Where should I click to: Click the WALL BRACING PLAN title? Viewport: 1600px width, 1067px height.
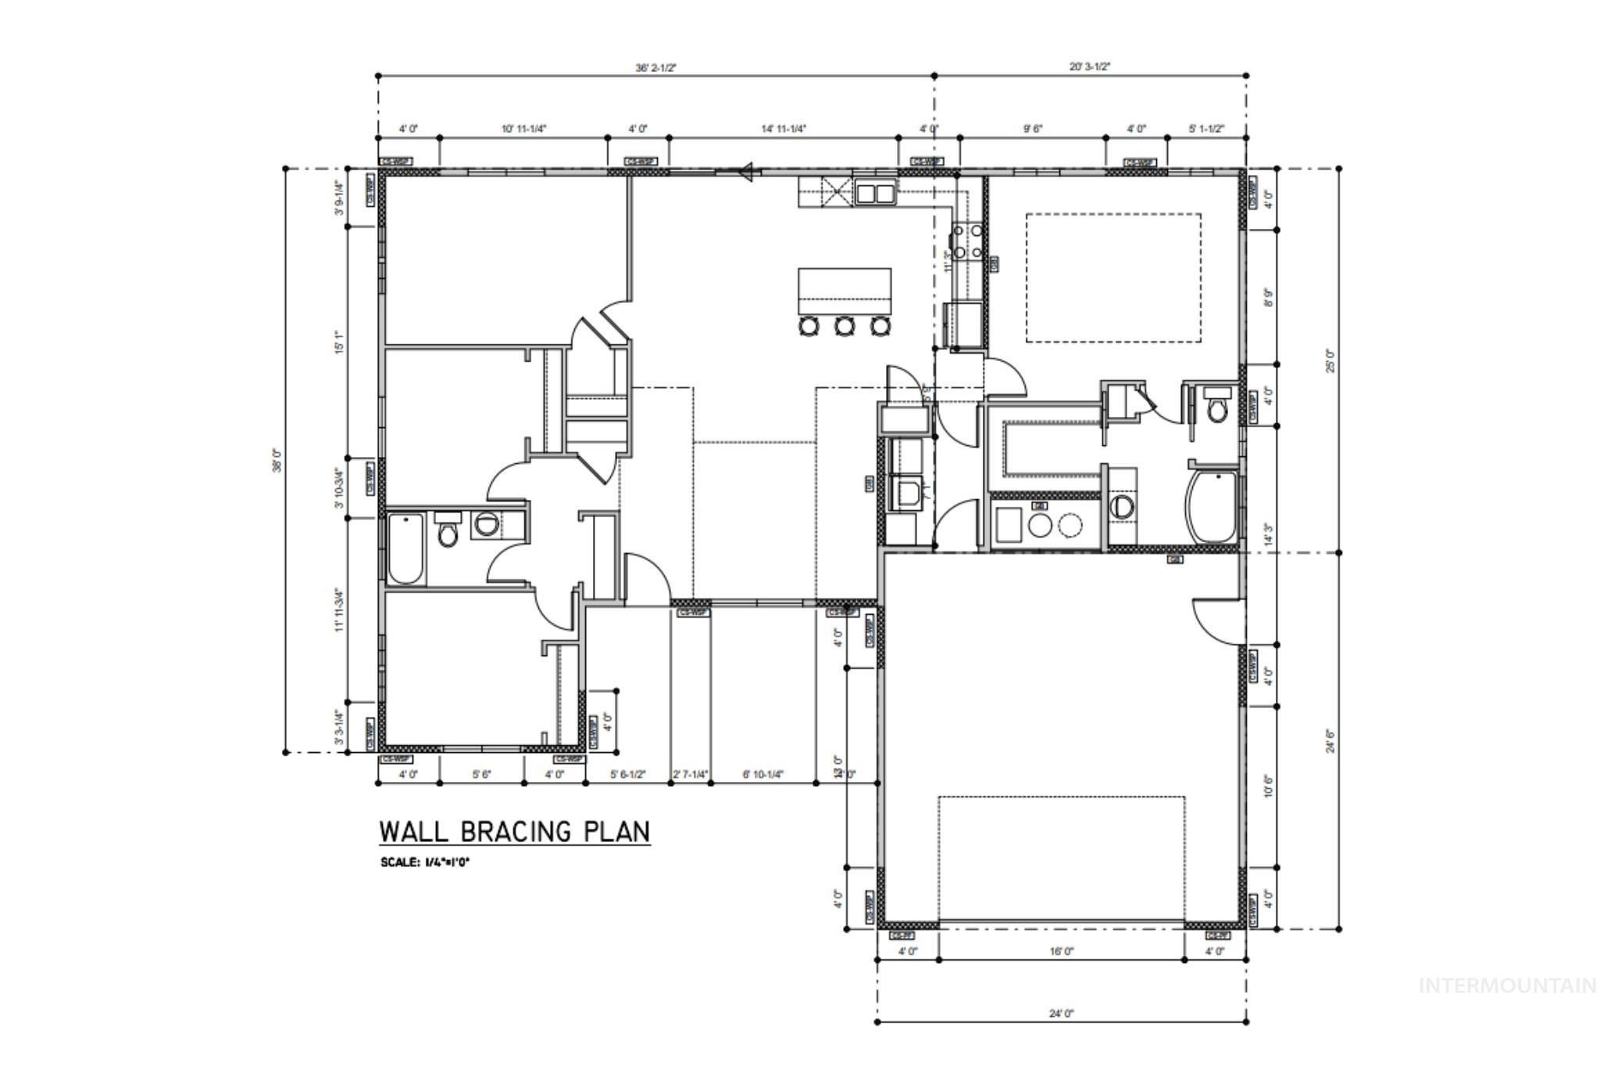(514, 831)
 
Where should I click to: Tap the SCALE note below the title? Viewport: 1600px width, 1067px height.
(426, 862)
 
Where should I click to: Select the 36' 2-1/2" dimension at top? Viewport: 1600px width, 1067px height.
(655, 68)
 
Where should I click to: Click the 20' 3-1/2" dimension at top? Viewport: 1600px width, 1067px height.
(1090, 67)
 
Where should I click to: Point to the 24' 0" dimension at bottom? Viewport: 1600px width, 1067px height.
(1061, 1013)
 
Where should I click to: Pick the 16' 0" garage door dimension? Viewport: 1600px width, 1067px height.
(1061, 951)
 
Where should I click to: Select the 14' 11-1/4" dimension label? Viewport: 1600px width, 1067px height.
(783, 129)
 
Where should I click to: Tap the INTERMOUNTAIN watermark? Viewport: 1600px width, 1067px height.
(1507, 986)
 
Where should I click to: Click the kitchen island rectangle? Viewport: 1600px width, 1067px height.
(845, 290)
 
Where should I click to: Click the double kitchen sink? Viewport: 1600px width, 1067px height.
(874, 192)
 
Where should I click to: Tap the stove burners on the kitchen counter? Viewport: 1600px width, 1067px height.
(967, 241)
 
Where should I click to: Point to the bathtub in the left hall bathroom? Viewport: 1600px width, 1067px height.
(405, 548)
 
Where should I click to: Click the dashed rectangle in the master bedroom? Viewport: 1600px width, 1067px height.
(1112, 277)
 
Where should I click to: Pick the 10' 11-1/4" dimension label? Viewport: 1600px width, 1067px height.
(523, 129)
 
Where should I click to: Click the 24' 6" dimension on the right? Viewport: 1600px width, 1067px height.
(1330, 740)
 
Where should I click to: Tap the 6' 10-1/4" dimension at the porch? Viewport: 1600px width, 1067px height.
(762, 775)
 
